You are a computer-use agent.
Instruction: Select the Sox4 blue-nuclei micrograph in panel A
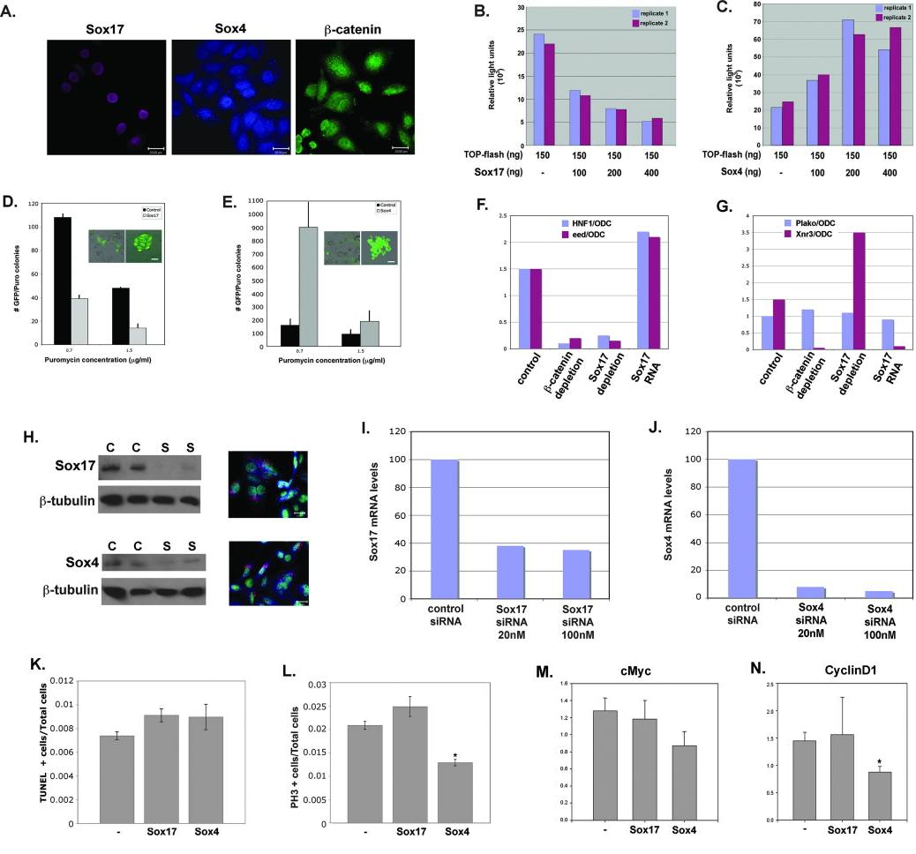click(x=232, y=96)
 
